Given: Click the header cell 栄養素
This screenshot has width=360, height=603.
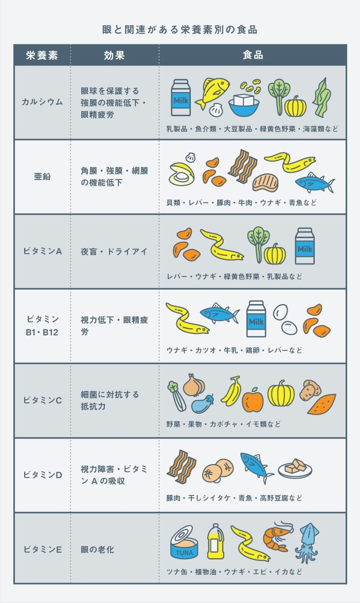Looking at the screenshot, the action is (x=42, y=55).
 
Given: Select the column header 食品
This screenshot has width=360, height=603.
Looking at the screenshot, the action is (x=253, y=55).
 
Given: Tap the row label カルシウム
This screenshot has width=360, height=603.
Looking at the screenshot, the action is (x=42, y=102).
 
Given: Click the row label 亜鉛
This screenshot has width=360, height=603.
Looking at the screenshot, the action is (x=42, y=176).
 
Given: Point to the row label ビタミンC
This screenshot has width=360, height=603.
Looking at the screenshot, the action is (x=42, y=400).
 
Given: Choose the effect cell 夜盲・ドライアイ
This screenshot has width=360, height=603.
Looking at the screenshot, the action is (x=114, y=252).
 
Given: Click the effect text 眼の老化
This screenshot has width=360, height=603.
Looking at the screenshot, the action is (x=97, y=549).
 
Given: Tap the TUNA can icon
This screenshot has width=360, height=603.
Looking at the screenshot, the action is (x=184, y=542).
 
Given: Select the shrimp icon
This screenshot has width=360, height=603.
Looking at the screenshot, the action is (x=277, y=535).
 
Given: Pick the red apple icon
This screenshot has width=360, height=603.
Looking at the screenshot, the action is (x=253, y=400).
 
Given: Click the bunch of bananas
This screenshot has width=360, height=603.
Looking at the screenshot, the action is (x=231, y=391).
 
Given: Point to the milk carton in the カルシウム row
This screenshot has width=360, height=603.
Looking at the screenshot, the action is (x=181, y=98).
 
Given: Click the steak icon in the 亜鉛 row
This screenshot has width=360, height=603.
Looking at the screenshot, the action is (x=265, y=183).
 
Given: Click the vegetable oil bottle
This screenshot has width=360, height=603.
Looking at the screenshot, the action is (x=215, y=541).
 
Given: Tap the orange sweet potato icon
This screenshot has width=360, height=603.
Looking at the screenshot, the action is (x=321, y=404).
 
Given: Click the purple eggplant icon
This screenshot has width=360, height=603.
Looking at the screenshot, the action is (x=203, y=404).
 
